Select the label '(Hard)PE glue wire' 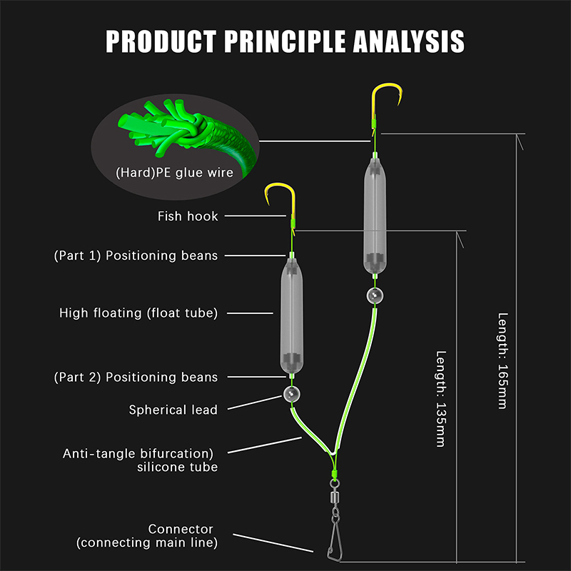pyautogui.click(x=175, y=172)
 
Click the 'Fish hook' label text pyautogui.click(x=188, y=216)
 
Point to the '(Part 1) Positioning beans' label pyautogui.click(x=136, y=256)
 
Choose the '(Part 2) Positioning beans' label pyautogui.click(x=136, y=377)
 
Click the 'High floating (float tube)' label pyautogui.click(x=138, y=313)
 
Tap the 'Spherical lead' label pyautogui.click(x=173, y=410)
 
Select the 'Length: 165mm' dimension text pyautogui.click(x=503, y=360)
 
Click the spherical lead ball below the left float pyautogui.click(x=290, y=393)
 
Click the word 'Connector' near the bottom pyautogui.click(x=181, y=529)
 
